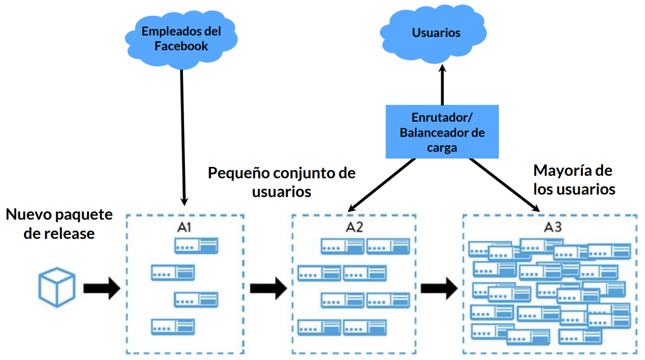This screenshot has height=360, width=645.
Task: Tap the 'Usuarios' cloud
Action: (x=436, y=33)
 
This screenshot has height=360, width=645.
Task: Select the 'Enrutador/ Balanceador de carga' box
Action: (x=442, y=132)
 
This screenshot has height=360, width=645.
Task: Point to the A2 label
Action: (x=354, y=228)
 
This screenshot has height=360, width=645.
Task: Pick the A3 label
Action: (x=552, y=227)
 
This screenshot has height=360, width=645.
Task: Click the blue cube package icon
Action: (x=58, y=287)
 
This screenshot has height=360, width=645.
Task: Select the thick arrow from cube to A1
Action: (x=101, y=288)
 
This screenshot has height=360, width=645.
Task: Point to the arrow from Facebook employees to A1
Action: (x=183, y=136)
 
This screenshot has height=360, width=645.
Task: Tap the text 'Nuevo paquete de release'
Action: (x=59, y=224)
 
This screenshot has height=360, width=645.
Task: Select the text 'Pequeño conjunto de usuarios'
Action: (x=282, y=182)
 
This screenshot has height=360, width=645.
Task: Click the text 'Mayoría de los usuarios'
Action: (x=574, y=180)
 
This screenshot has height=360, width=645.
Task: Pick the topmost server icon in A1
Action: (x=197, y=246)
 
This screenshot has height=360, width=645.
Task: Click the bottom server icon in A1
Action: (x=173, y=327)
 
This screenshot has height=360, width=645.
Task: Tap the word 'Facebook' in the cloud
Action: (x=181, y=46)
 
